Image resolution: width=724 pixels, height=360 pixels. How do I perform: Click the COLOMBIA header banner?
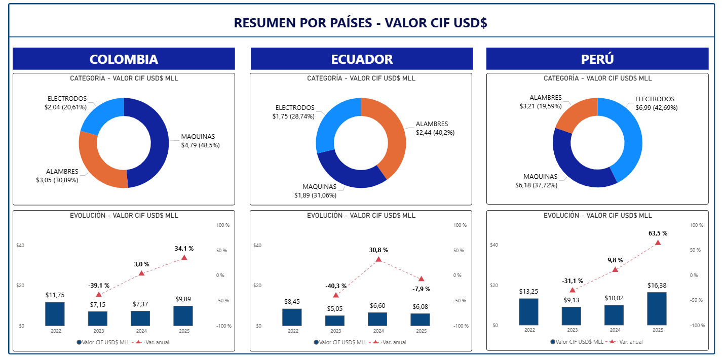click(124, 59)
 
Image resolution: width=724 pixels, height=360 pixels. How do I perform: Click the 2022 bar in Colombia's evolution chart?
click(55, 314)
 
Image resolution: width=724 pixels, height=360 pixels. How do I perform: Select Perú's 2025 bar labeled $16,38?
click(657, 309)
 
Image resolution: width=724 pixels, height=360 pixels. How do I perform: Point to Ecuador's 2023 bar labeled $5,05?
click(335, 321)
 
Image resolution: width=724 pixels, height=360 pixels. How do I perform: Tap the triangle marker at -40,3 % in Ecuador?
click(335, 295)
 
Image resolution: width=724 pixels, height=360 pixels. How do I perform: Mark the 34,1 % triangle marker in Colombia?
click(184, 258)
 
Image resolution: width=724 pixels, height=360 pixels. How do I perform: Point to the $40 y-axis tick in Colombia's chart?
click(21, 246)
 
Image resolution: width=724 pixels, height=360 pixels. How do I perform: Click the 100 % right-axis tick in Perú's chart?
click(697, 225)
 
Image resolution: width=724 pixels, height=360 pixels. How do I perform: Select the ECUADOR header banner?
click(361, 59)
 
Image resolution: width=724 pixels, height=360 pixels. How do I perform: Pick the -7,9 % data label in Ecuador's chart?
click(421, 289)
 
